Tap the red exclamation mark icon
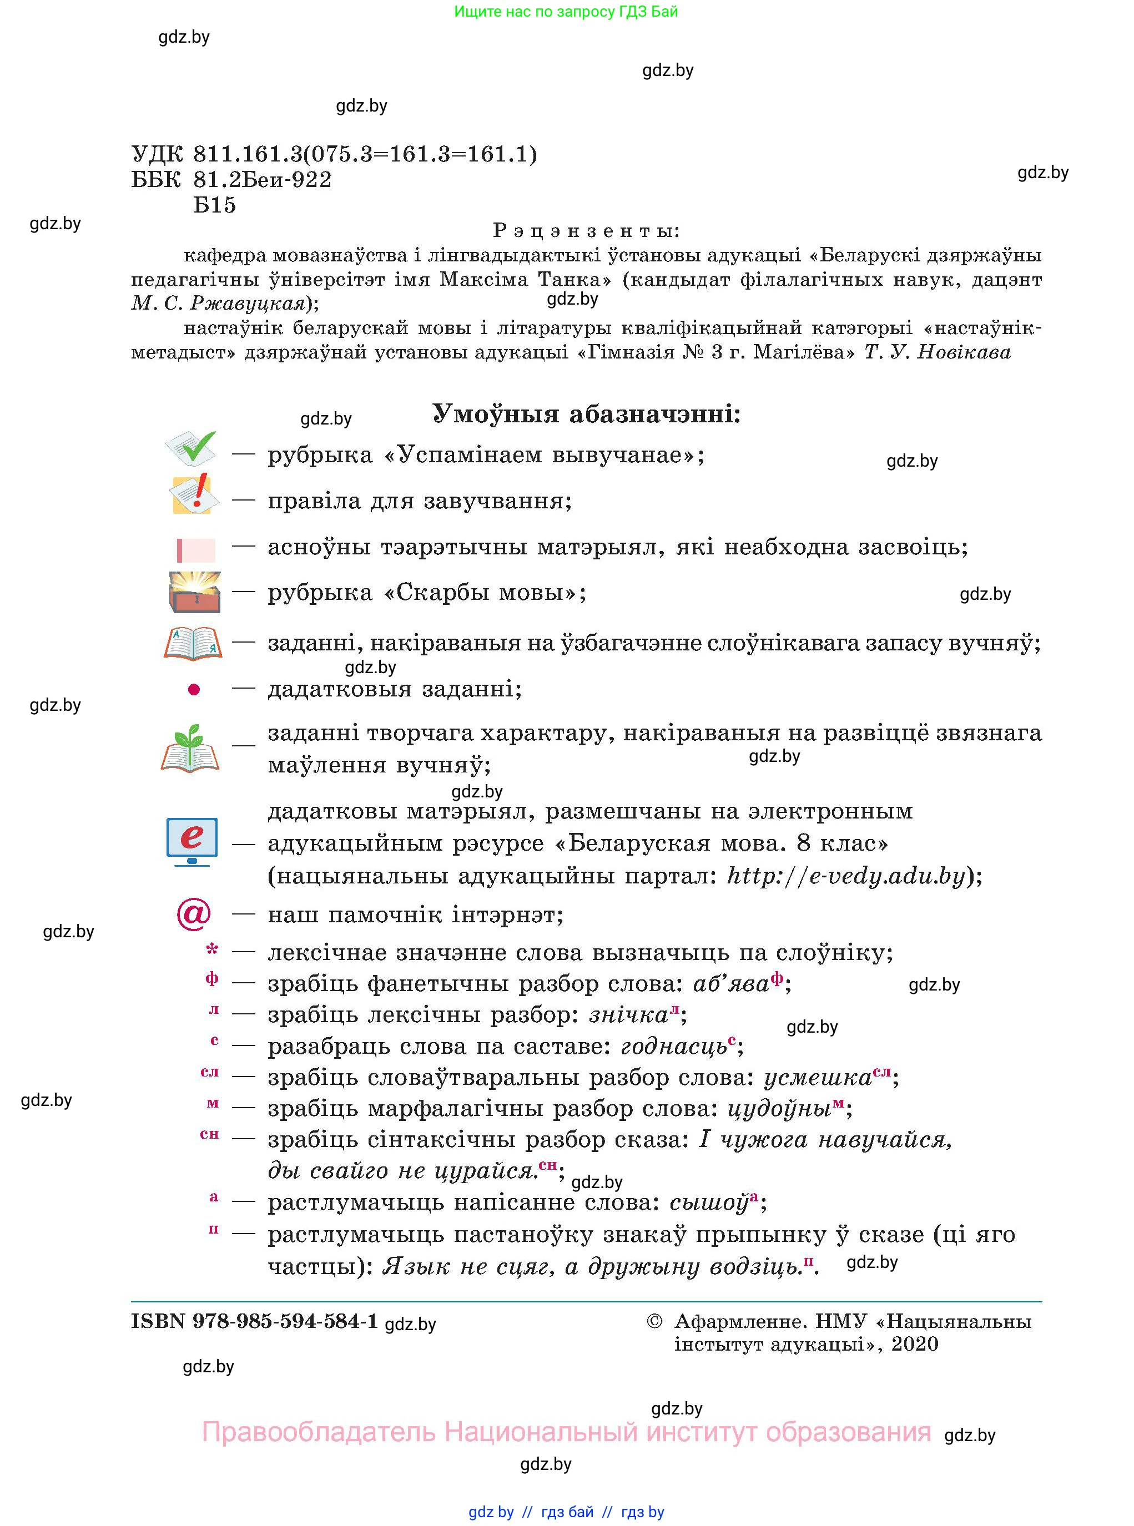(195, 494)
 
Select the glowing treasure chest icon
(195, 592)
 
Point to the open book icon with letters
(193, 643)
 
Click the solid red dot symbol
(194, 689)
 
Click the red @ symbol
(194, 913)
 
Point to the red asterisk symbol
(212, 949)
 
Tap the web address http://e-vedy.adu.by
(846, 876)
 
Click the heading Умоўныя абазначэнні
(586, 414)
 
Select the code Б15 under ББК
(214, 204)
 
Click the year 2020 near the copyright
(914, 1343)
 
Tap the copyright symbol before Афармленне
(654, 1321)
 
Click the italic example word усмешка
(818, 1077)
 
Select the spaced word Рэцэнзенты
(586, 230)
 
